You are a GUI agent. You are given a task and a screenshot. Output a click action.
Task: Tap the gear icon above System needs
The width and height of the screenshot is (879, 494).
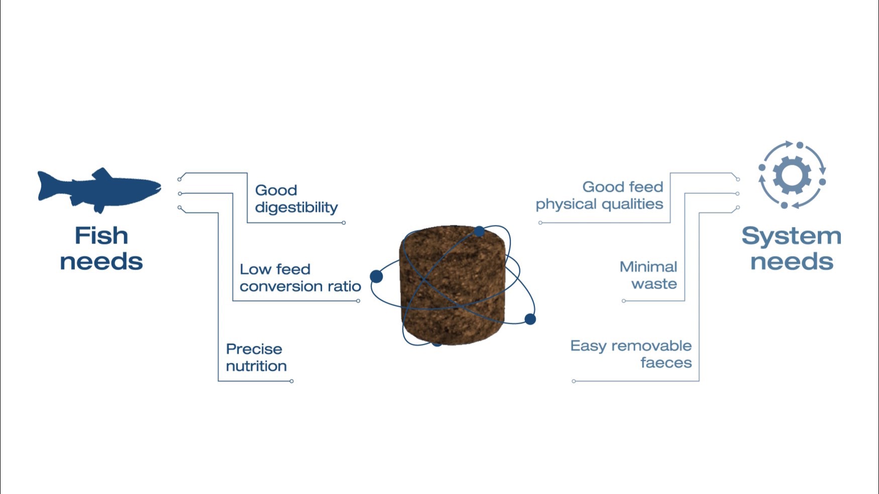[x=792, y=175]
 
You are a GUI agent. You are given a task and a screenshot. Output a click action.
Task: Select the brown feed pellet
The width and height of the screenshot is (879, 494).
[x=452, y=286]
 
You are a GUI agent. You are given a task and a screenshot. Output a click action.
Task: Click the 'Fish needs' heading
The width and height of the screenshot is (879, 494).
[x=101, y=249]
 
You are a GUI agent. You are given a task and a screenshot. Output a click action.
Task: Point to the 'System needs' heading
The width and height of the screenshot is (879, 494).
[x=792, y=249]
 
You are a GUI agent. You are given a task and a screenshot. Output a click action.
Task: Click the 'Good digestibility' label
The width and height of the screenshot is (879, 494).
[x=296, y=199]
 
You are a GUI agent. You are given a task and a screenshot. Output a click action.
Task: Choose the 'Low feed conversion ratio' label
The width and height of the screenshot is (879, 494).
[x=300, y=278]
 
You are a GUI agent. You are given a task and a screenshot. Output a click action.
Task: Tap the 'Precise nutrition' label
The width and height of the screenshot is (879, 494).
[x=256, y=357]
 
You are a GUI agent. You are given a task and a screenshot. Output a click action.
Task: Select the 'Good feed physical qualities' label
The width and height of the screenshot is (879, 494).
[x=599, y=195]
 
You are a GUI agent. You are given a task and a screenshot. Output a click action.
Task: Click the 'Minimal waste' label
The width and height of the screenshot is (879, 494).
[x=648, y=275]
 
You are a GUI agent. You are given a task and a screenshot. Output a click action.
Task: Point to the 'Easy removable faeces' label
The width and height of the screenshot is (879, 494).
[x=631, y=354]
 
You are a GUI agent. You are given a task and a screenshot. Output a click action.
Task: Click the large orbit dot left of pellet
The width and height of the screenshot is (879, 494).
[x=376, y=276]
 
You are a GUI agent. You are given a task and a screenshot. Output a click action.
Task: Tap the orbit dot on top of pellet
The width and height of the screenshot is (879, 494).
[x=479, y=231]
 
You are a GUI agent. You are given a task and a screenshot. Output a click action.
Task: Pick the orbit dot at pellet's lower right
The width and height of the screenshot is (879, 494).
[x=530, y=319]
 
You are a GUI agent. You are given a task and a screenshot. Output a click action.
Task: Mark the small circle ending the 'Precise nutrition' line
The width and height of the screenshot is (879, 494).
[x=292, y=381]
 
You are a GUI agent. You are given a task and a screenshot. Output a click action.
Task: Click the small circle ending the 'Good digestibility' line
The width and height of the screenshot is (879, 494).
[x=344, y=223]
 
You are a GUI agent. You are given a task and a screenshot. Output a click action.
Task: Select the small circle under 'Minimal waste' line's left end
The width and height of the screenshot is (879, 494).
[x=624, y=301]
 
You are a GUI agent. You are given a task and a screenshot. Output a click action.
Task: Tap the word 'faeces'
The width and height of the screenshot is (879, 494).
[x=666, y=362]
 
